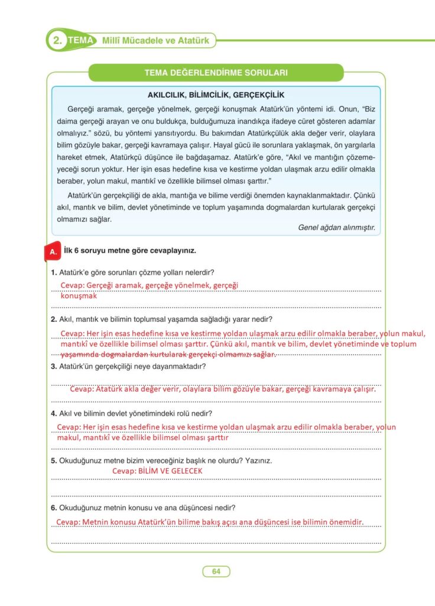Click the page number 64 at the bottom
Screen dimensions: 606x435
pos(216,571)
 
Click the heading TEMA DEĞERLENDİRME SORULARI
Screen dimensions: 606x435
pos(216,73)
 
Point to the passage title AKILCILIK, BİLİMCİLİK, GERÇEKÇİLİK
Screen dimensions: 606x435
pos(216,95)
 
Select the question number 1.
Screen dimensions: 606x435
pos(54,272)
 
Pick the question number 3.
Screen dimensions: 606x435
pos(54,366)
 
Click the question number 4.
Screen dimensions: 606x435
pos(54,413)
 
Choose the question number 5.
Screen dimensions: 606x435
pos(54,460)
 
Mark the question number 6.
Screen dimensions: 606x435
pos(54,507)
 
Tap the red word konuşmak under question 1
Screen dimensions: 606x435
pos(79,296)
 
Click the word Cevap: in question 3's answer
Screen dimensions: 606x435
pos(83,389)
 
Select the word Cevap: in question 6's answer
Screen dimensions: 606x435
pos(69,522)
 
